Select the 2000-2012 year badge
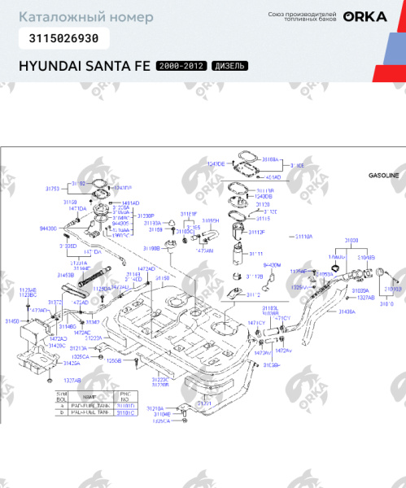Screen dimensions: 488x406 point(181,66)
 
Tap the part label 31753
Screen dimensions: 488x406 point(52,188)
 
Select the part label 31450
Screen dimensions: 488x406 point(13,322)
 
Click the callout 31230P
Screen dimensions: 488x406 point(145,216)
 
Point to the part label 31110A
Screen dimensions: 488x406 point(303,237)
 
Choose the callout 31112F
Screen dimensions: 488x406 point(257,232)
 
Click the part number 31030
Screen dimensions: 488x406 point(351,241)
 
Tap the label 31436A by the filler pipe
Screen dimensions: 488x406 point(347,312)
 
